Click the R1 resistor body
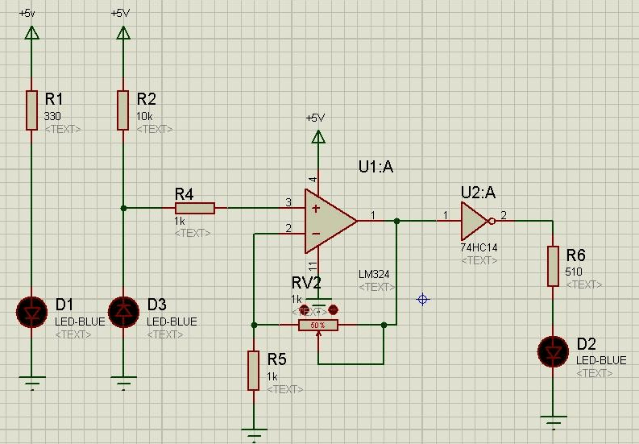pos(32,110)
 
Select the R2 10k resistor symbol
pos(123,110)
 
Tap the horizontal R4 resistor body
pos(194,208)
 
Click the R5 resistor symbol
pos(254,370)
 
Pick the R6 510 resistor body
pos(553,266)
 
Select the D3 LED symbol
pos(123,311)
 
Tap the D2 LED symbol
pos(553,351)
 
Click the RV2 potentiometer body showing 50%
pos(317,325)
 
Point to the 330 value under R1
pos(52,116)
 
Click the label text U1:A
pos(376,167)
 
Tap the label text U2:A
pos(478,192)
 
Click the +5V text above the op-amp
pos(315,118)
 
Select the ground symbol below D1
pos(32,383)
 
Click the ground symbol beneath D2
pos(553,420)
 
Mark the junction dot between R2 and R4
pos(123,208)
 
